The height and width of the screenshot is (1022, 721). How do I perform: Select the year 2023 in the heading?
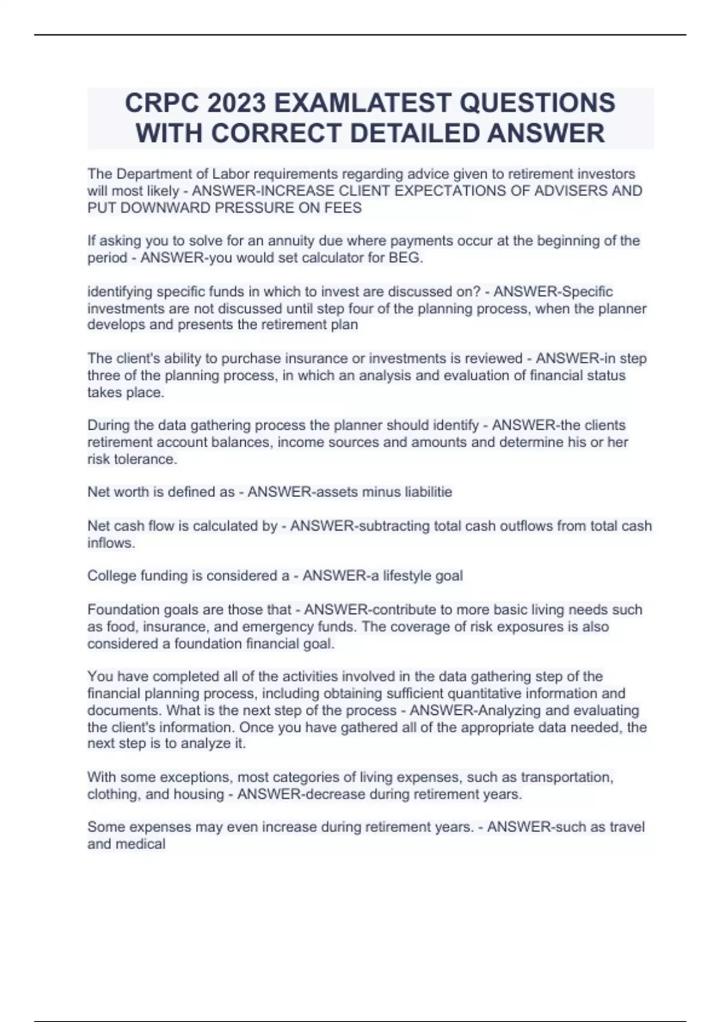point(237,103)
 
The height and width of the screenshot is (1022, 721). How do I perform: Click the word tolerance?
point(144,459)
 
